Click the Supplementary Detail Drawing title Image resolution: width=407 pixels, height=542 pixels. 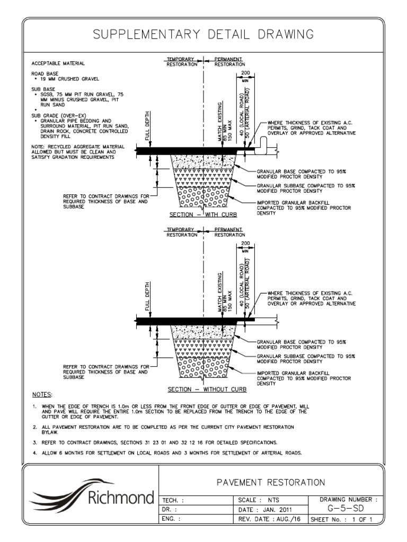(203, 35)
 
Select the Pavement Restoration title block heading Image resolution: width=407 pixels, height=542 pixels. (271, 482)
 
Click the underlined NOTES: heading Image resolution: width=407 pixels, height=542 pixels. (42, 395)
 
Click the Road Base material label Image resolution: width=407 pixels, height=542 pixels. (45, 73)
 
